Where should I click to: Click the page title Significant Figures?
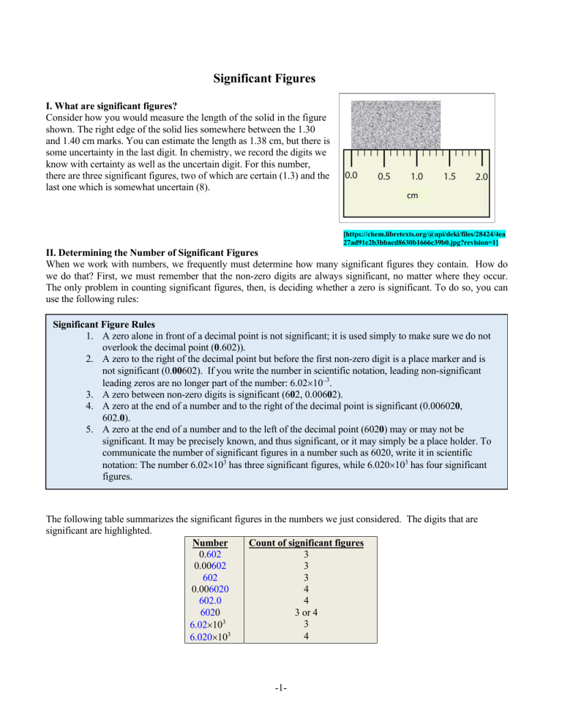[x=281, y=77]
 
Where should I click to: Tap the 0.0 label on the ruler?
[x=352, y=176]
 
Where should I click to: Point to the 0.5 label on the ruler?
[x=386, y=176]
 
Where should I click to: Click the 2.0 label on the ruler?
[x=482, y=176]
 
